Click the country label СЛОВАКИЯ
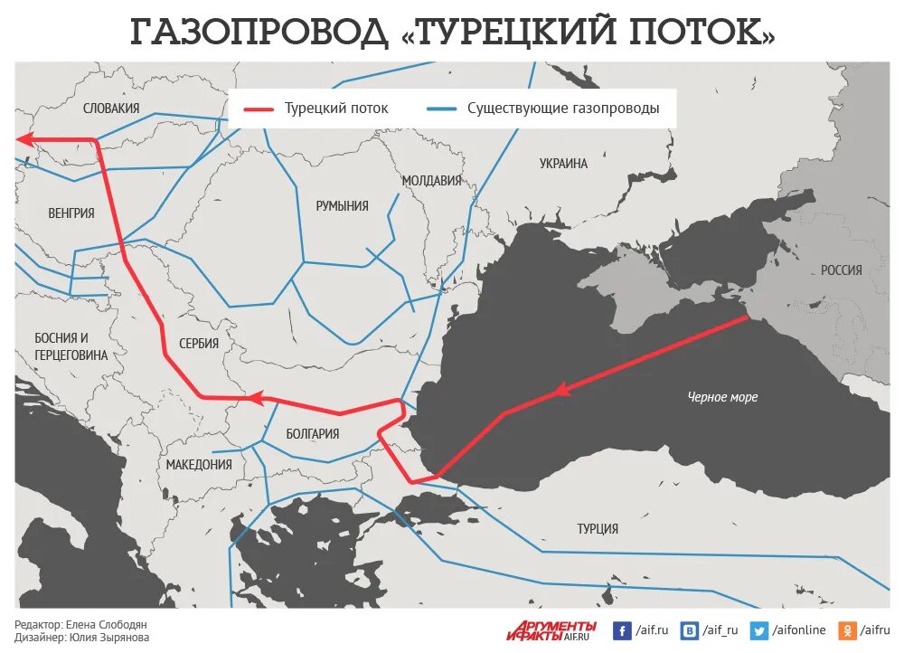point(111,109)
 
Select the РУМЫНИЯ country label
point(342,206)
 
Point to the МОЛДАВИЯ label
point(431,181)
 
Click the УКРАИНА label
point(563,164)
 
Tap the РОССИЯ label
point(841,270)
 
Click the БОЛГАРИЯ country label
point(312,434)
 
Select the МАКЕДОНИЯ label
point(199,465)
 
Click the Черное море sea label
point(722,397)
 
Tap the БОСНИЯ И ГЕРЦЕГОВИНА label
point(71,346)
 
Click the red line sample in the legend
point(259,109)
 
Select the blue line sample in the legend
point(441,109)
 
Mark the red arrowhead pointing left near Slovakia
point(27,139)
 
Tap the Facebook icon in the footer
point(622,630)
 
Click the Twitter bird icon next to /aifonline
point(759,630)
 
